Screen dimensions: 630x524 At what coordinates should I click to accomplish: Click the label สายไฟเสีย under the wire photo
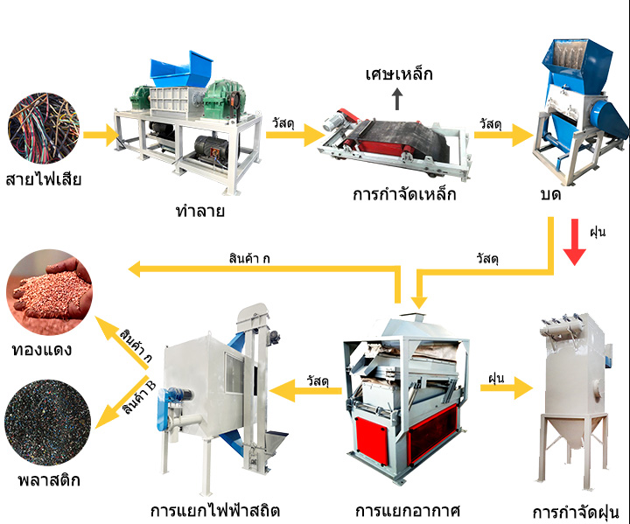click(44, 178)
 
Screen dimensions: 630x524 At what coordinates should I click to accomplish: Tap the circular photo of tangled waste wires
click(44, 128)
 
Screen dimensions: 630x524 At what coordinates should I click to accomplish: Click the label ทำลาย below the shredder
click(200, 210)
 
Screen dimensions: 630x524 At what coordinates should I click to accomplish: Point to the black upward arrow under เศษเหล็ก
click(397, 99)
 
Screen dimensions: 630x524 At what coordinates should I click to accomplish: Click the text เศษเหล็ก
click(399, 74)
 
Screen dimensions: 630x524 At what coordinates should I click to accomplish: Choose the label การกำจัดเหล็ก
click(404, 194)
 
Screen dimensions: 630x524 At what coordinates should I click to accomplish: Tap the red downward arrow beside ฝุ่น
click(575, 242)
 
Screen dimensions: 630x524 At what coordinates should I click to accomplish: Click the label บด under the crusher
click(550, 195)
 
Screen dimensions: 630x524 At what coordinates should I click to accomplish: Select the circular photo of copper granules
click(49, 292)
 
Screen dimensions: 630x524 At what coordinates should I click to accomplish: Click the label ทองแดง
click(42, 350)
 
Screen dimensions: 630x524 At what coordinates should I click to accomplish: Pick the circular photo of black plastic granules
click(48, 423)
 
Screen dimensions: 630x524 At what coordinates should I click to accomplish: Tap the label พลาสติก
click(49, 480)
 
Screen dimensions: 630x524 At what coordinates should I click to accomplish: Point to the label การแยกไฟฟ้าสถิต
click(215, 511)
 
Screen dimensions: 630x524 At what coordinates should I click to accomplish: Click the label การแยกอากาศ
click(408, 511)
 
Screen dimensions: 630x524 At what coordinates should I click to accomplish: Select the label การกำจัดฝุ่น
click(576, 514)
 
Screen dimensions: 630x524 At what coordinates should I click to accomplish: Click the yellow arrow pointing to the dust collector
click(507, 388)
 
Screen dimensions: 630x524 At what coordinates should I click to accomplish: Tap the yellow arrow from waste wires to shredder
click(101, 135)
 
